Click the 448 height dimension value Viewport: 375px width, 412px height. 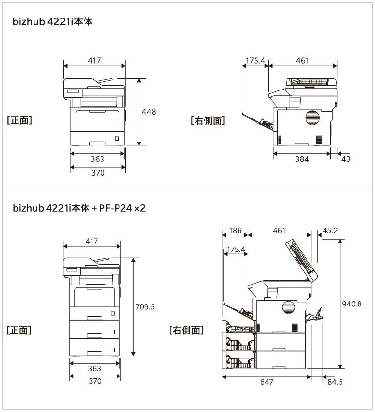click(149, 112)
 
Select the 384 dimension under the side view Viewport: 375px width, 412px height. click(302, 159)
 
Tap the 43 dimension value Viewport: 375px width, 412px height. click(346, 159)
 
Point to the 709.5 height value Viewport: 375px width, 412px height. click(145, 306)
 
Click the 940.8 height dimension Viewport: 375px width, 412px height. click(352, 304)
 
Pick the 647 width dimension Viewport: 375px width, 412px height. click(266, 382)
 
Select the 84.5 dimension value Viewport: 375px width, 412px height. click(335, 382)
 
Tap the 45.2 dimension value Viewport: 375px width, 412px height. click(330, 230)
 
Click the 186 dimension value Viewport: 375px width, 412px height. click(235, 230)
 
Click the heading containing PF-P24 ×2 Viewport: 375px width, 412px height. click(79, 208)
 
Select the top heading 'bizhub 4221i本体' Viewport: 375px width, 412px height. click(52, 22)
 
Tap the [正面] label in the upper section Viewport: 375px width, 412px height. click(19, 120)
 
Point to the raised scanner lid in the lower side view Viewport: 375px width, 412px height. click(304, 260)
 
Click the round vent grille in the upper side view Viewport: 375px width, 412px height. click(313, 118)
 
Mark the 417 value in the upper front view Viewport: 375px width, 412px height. click(94, 61)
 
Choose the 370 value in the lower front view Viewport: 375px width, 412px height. click(95, 381)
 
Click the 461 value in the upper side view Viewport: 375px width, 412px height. click(302, 61)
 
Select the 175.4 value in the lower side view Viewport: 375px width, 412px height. click(236, 250)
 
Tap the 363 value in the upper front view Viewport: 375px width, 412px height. click(97, 159)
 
